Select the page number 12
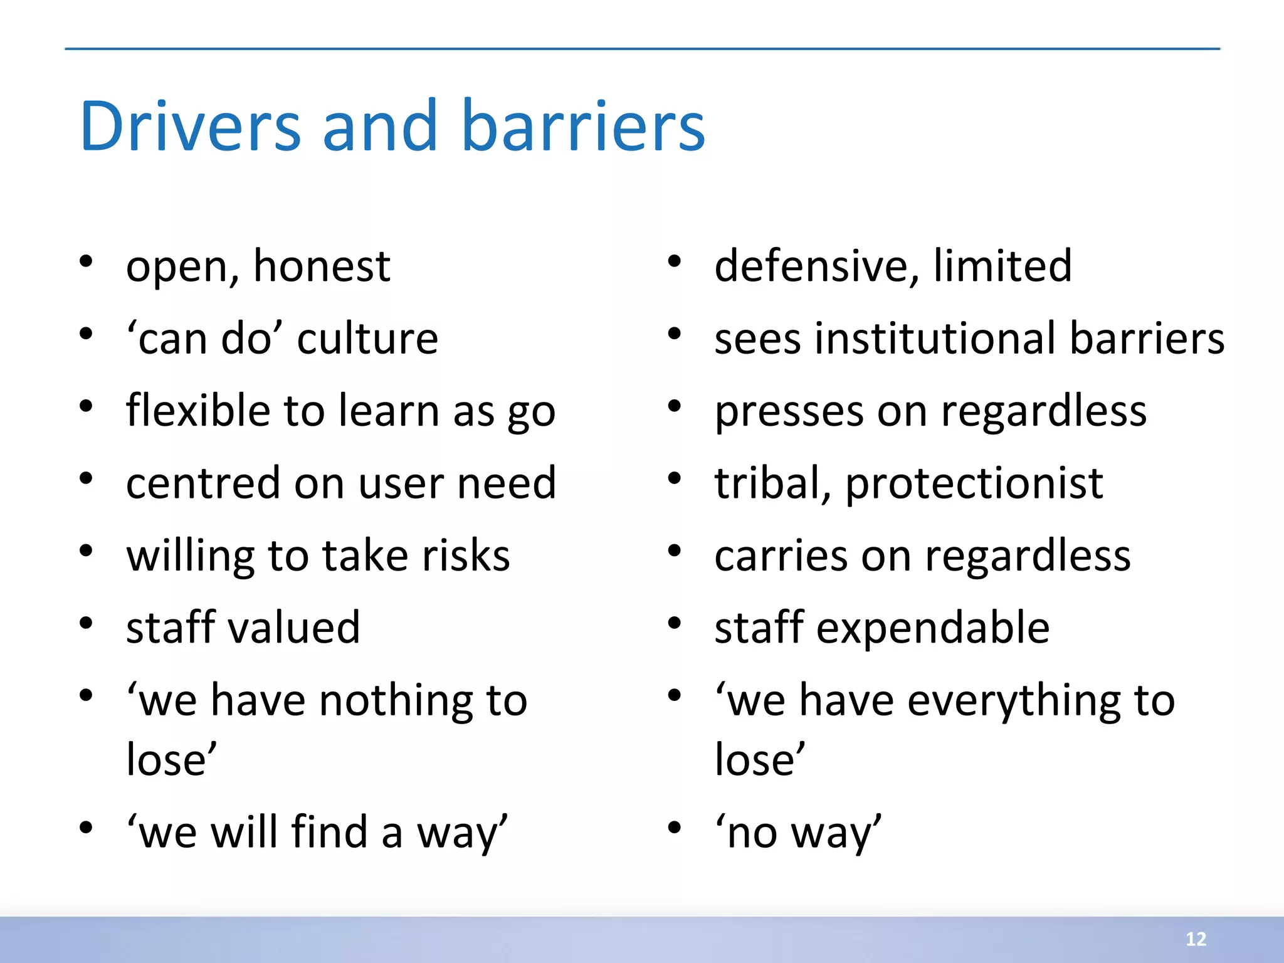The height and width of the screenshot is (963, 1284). point(1196,939)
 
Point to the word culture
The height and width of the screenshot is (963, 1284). point(367,339)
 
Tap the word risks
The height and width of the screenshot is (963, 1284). point(466,556)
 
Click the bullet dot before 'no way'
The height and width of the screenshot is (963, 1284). point(674,828)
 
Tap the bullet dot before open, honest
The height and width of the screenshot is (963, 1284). point(86,261)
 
